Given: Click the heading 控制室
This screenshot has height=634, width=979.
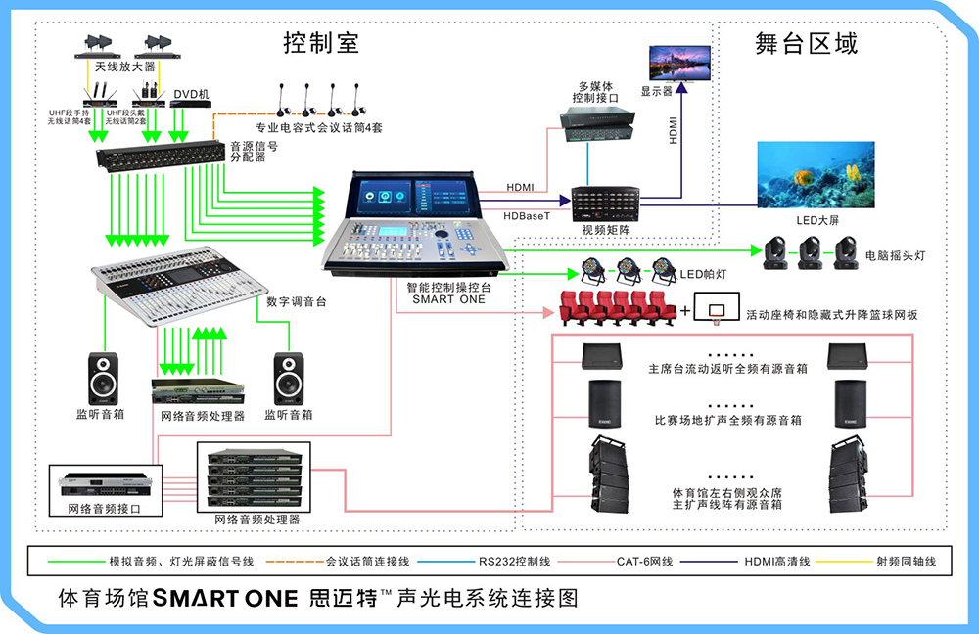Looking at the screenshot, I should pos(321,43).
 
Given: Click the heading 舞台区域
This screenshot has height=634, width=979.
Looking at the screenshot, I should pos(807,43).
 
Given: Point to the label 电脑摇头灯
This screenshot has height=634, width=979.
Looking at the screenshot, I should pos(895,255).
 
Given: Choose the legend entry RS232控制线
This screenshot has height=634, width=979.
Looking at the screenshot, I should pos(516,563).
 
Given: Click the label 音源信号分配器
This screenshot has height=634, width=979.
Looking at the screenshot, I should pos(254,152).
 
